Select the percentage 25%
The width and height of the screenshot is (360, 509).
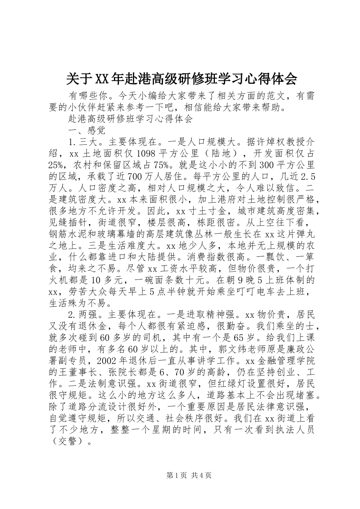pyautogui.click(x=58, y=165)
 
